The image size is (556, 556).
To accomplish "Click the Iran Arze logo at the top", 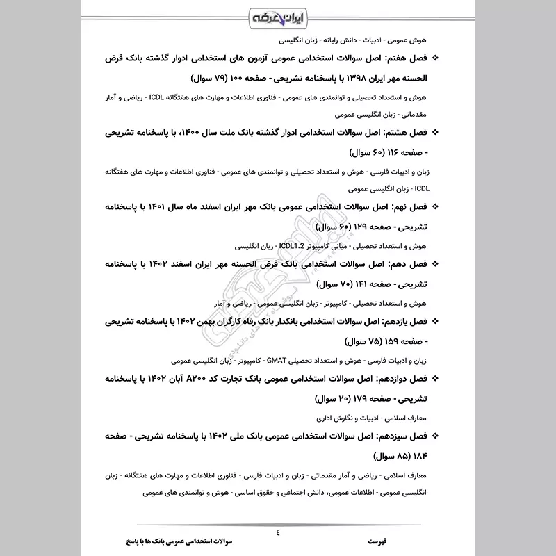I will click(x=278, y=15).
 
